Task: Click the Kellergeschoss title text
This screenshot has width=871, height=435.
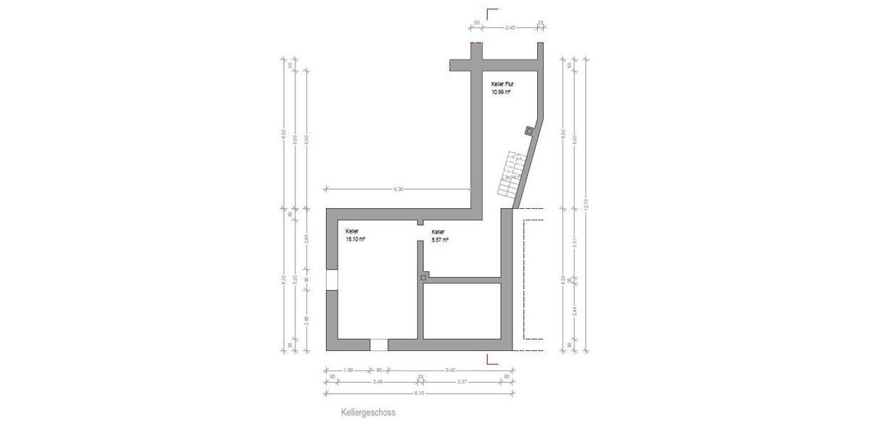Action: (368, 413)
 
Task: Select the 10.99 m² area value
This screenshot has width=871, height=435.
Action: (502, 93)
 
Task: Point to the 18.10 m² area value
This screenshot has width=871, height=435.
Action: (355, 239)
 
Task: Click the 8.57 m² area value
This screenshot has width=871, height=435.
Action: (440, 239)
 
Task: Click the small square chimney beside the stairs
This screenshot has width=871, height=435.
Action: (528, 130)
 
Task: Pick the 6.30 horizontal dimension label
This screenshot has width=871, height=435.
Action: (398, 188)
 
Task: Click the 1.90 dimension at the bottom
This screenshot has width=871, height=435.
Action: (348, 370)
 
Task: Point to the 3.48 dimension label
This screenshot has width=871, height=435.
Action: (377, 381)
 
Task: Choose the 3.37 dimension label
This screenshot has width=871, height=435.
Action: (462, 381)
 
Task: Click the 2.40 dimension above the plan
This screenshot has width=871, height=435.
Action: (510, 27)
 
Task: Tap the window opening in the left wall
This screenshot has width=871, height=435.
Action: (331, 280)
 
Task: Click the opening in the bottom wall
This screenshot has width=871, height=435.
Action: (379, 344)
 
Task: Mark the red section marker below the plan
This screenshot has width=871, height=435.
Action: (491, 357)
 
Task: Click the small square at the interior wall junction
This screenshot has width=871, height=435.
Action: (423, 277)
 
